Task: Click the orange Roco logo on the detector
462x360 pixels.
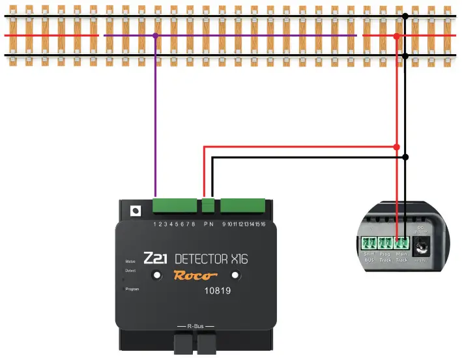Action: point(194,275)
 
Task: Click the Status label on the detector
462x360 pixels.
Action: point(130,261)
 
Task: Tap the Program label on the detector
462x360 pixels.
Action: point(132,288)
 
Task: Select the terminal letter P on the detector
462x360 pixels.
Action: point(206,224)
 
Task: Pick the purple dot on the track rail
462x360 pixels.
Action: point(155,35)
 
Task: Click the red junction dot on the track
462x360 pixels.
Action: point(397,36)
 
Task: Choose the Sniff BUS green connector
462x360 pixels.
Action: point(368,245)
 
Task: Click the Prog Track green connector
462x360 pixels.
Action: point(385,245)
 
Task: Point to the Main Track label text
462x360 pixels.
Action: point(401,258)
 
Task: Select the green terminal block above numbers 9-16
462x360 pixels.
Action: point(242,206)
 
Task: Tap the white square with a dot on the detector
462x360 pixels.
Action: point(136,211)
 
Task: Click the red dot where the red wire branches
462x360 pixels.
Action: point(397,147)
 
